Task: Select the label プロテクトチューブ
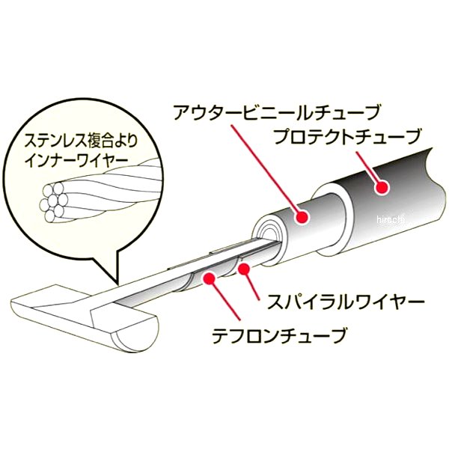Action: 348,137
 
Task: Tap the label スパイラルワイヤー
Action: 345,301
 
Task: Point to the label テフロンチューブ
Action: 278,335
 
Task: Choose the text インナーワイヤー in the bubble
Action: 72,161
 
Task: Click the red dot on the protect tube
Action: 382,188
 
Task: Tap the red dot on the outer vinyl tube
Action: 302,216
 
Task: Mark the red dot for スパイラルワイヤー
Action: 243,269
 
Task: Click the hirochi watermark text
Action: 390,220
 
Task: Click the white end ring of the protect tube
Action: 332,219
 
